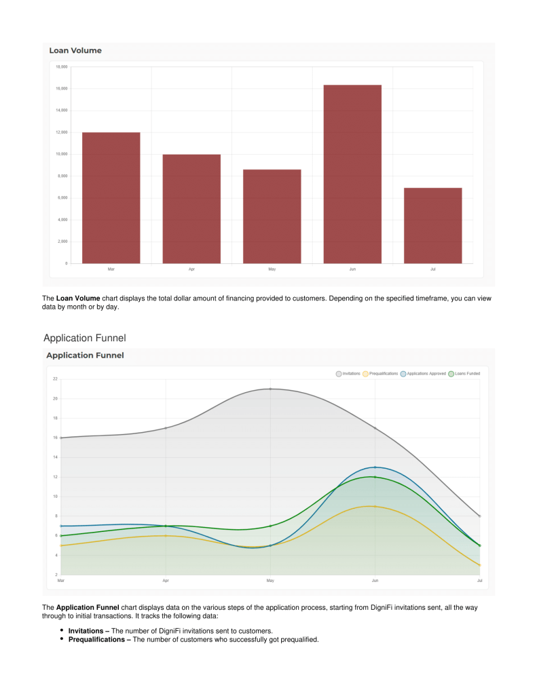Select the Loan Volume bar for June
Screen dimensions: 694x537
(352, 174)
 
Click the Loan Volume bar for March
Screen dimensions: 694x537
(111, 197)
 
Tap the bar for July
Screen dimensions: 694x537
(432, 225)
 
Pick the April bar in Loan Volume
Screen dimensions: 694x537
(191, 208)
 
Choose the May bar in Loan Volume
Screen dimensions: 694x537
(272, 216)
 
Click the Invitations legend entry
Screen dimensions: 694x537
(348, 373)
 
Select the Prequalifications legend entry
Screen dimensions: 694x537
(380, 373)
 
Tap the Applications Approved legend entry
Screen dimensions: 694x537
(423, 373)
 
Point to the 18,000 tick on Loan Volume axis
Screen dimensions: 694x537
(61, 66)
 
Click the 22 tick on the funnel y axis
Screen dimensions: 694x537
(55, 379)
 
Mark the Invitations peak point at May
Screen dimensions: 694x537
(270, 389)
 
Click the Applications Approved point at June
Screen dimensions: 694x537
(375, 467)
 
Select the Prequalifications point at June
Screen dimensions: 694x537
(375, 506)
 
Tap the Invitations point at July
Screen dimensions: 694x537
(479, 516)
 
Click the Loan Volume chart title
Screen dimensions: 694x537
(75, 50)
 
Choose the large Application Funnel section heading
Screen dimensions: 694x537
(84, 338)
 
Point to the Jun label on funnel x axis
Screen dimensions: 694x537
(375, 581)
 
